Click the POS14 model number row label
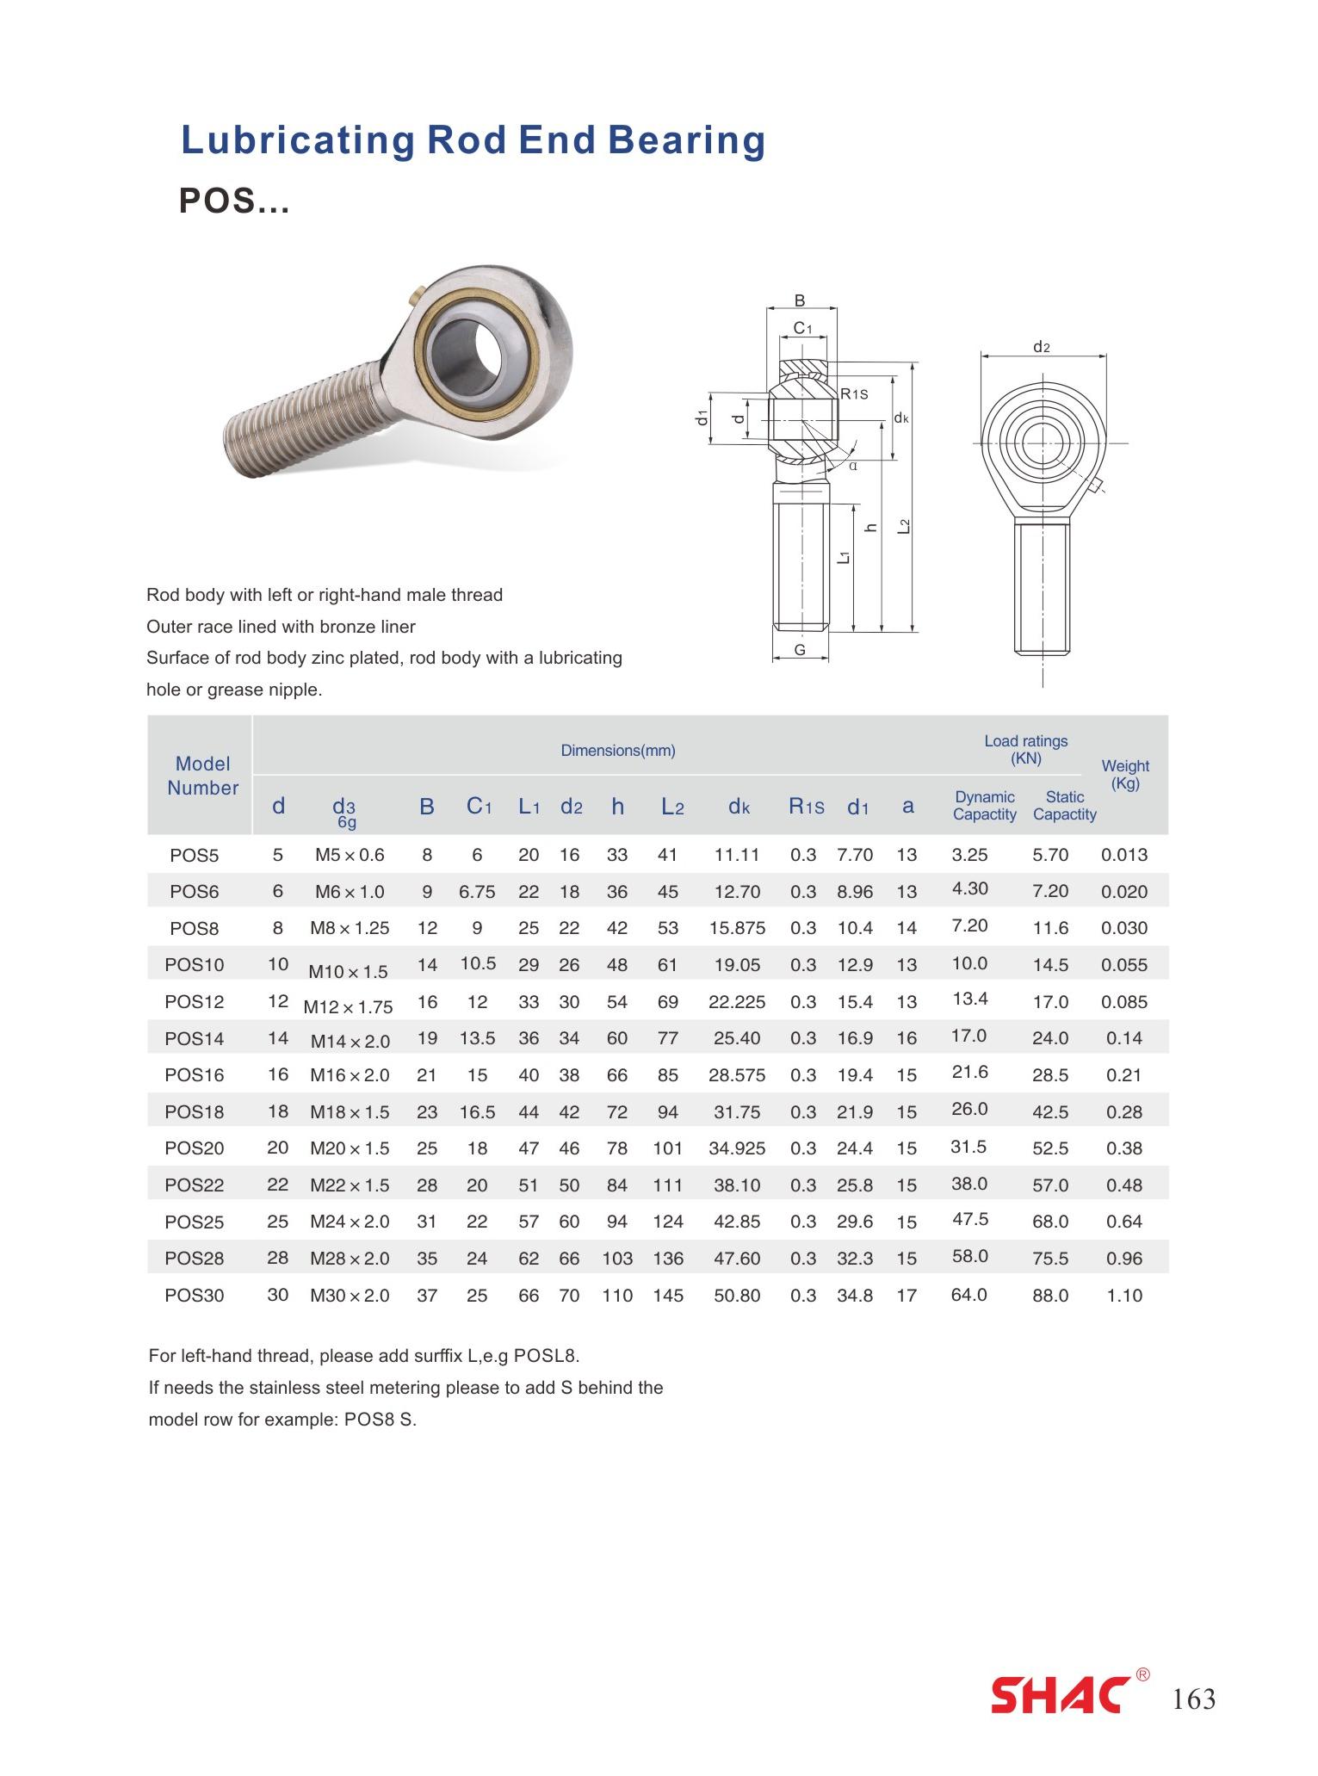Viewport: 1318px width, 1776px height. (x=194, y=1038)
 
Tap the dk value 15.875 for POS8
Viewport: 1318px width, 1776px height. (x=737, y=928)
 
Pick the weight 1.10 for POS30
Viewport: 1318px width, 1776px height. (x=1124, y=1296)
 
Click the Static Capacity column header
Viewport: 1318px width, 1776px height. (x=1064, y=806)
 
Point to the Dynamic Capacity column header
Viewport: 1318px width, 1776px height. (x=984, y=806)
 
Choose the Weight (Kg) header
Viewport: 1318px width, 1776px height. (x=1124, y=774)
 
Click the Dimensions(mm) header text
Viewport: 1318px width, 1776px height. (x=618, y=751)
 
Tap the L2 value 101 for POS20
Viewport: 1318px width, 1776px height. (x=667, y=1148)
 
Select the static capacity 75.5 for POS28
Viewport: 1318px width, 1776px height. (x=1050, y=1259)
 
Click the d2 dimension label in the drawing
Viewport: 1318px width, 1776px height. (x=1042, y=347)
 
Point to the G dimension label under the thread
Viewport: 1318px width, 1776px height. (x=800, y=650)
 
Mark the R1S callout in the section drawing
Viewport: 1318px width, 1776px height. (x=854, y=394)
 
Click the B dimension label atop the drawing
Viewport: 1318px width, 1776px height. (x=800, y=301)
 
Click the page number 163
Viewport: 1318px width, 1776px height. (x=1194, y=1699)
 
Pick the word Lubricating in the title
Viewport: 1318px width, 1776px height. (x=297, y=140)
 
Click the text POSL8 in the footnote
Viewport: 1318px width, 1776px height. (x=544, y=1356)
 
